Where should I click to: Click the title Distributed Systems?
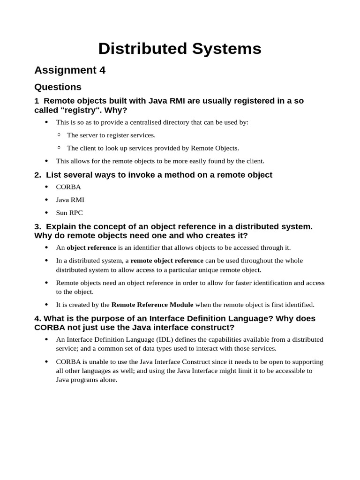click(x=180, y=49)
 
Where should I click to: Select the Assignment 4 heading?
click(x=70, y=70)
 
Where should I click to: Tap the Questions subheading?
click(x=58, y=87)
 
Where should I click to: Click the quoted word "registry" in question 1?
click(x=64, y=110)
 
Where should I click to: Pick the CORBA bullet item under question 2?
click(x=68, y=187)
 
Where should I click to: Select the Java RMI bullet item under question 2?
click(x=70, y=200)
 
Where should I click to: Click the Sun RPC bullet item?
click(x=69, y=213)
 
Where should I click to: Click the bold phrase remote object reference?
click(x=167, y=261)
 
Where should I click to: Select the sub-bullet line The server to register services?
click(x=111, y=135)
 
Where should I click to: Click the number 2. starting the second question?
click(x=38, y=175)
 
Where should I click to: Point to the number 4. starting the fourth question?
click(x=38, y=319)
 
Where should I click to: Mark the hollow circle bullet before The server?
click(x=59, y=135)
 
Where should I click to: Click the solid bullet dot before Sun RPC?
click(x=46, y=213)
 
